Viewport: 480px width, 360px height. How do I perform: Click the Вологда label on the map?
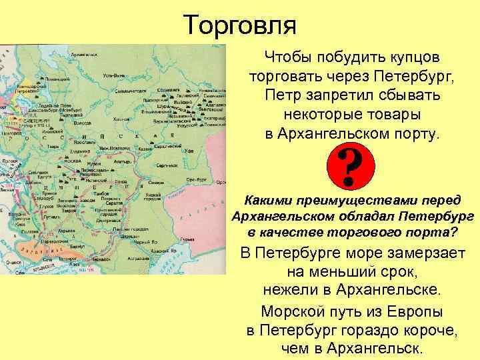[83, 123]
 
